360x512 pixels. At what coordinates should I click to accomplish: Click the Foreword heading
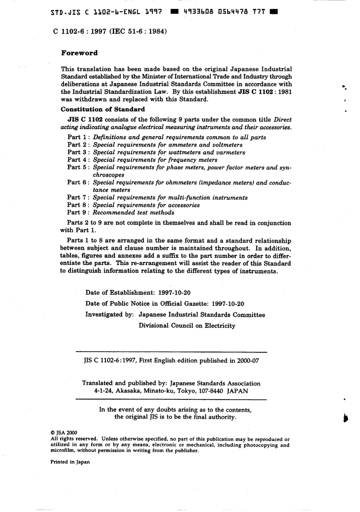click(x=79, y=53)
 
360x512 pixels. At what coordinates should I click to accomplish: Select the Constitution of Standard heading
click(x=103, y=110)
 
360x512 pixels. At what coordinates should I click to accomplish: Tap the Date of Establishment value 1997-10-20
click(x=174, y=292)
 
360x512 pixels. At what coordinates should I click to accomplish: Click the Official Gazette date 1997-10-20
click(x=227, y=303)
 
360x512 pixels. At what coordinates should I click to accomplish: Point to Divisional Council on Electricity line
click(x=187, y=326)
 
